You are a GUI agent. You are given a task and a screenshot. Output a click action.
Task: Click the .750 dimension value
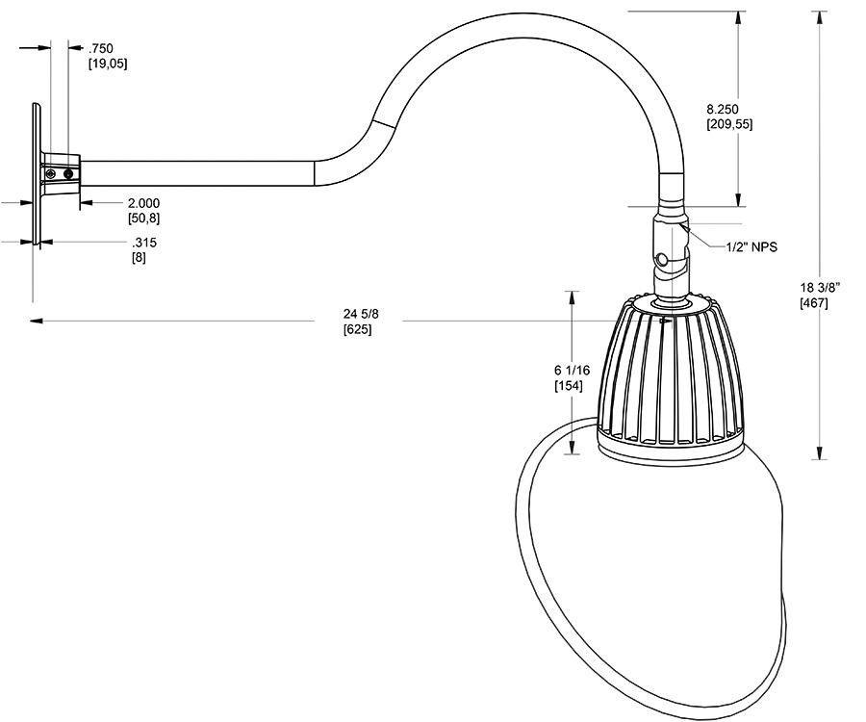click(x=100, y=48)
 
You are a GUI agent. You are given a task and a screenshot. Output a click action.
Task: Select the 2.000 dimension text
click(x=143, y=203)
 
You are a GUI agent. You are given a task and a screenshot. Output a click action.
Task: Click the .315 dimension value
click(x=144, y=243)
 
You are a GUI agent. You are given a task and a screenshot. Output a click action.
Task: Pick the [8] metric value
click(x=139, y=258)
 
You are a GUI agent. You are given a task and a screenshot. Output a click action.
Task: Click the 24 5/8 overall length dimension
click(x=359, y=314)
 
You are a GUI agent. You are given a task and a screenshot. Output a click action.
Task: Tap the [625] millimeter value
click(x=358, y=329)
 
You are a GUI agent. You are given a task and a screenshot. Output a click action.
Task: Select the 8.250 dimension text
click(x=728, y=109)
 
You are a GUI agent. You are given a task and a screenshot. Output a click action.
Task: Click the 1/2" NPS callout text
click(x=751, y=247)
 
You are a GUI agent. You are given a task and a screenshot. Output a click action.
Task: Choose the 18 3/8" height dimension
click(x=821, y=288)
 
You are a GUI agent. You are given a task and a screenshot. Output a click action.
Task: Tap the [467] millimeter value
click(x=814, y=303)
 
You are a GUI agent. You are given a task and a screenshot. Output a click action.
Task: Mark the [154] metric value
click(x=568, y=386)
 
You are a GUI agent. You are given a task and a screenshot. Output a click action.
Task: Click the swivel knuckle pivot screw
click(x=664, y=260)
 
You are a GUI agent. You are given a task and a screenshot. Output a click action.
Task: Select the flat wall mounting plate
click(x=36, y=173)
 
